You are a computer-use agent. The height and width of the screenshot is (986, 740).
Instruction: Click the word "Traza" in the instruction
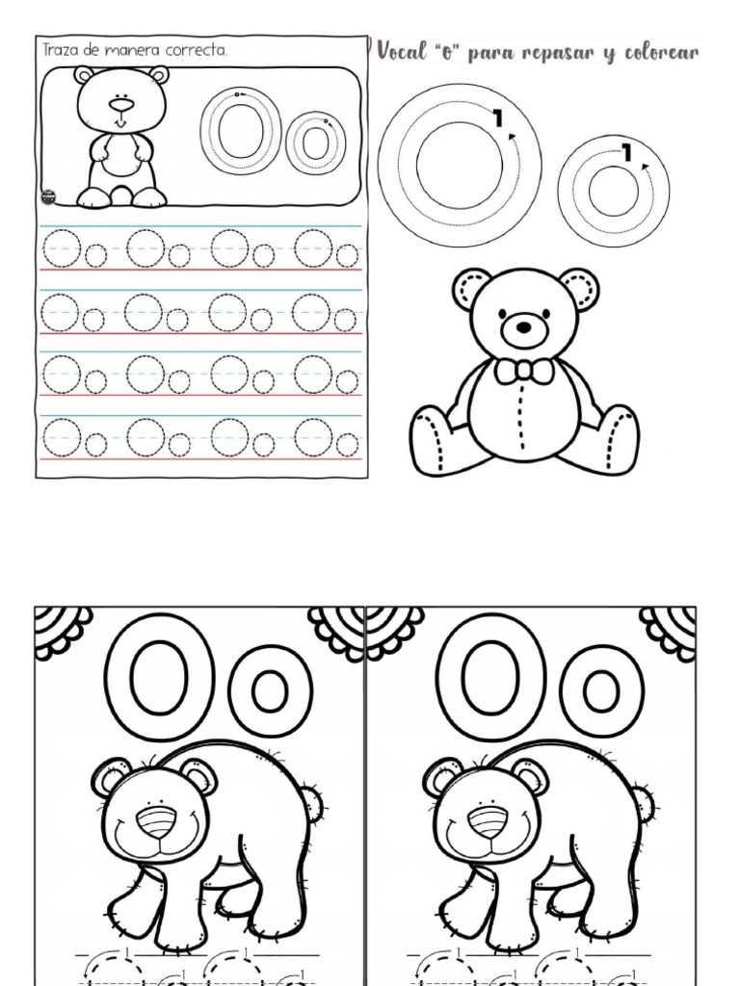coord(61,50)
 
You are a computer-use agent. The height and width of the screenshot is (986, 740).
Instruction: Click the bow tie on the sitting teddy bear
coord(523,371)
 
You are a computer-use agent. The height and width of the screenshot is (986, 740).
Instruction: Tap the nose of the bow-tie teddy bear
coord(524,327)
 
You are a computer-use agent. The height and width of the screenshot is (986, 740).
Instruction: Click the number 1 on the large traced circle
coord(498,117)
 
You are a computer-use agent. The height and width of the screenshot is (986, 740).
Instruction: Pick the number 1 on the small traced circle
coord(626,153)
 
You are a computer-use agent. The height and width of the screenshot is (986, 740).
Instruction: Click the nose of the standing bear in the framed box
coord(121,104)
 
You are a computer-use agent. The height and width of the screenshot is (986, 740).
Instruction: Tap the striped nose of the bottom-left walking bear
coord(158,821)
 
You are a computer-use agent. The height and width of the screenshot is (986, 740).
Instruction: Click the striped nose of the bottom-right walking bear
coord(489,821)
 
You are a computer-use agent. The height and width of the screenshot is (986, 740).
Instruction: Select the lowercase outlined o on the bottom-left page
coord(270,692)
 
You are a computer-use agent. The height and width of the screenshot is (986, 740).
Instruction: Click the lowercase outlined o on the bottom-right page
coord(601,692)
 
